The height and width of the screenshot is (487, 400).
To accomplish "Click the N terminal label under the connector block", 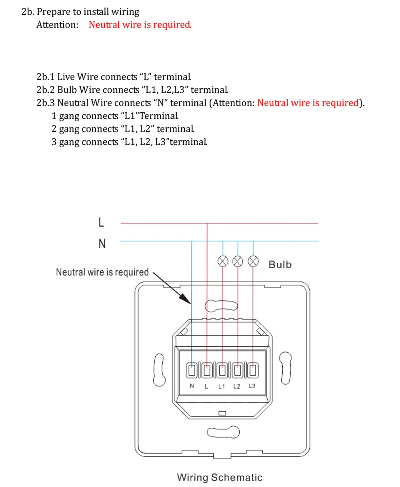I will coord(192,386).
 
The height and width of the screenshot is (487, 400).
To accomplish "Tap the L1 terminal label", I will coord(222,386).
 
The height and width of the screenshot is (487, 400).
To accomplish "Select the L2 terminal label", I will coord(237,386).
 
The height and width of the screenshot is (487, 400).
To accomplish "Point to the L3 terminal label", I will coord(252,386).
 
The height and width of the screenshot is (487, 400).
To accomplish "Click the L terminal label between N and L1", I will coord(206,386).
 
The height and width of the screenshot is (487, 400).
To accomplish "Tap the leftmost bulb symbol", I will coord(223,261).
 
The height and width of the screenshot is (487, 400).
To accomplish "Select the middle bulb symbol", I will coord(238,261).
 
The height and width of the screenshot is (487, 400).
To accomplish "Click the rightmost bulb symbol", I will coord(253,261).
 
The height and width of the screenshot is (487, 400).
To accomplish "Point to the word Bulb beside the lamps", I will coord(280,264).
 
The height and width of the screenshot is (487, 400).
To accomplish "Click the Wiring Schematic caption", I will coord(220,477).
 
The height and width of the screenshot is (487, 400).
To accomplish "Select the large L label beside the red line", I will coord(101,222).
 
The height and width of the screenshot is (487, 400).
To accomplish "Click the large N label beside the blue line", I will coord(102,243).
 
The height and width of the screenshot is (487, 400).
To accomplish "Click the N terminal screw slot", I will coord(192,370).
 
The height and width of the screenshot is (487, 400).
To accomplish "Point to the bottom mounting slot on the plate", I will coord(223,432).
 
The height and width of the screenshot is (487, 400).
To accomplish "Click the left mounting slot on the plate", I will coord(160,369).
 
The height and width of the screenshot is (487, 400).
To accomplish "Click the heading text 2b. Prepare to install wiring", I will coord(80,12).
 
